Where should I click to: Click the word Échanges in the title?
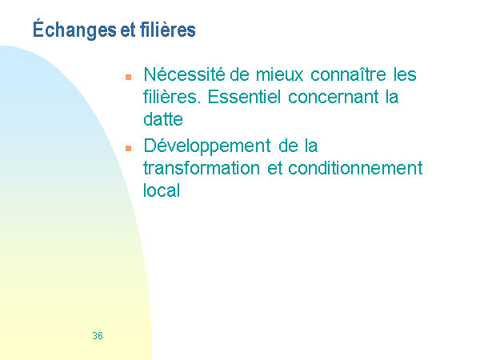[x=74, y=30]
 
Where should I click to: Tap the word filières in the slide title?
[x=168, y=30]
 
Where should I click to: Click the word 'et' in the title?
[x=128, y=30]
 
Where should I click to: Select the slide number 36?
[x=98, y=336]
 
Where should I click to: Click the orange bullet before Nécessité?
[x=128, y=77]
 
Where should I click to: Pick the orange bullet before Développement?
[x=128, y=149]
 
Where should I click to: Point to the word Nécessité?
[x=184, y=74]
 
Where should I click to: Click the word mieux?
[x=279, y=74]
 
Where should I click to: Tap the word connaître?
[x=348, y=74]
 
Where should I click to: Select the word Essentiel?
[x=244, y=97]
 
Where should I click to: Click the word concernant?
[x=333, y=98]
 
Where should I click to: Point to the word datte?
[x=163, y=119]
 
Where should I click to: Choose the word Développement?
[x=207, y=146]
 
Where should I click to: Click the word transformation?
[x=202, y=168]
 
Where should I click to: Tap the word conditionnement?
[x=355, y=168]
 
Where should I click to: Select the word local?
[x=162, y=190]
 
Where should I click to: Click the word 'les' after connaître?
[x=405, y=74]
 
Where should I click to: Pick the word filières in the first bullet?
[x=172, y=97]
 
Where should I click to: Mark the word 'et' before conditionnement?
[x=274, y=169]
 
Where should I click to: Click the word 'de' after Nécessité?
[x=239, y=74]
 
